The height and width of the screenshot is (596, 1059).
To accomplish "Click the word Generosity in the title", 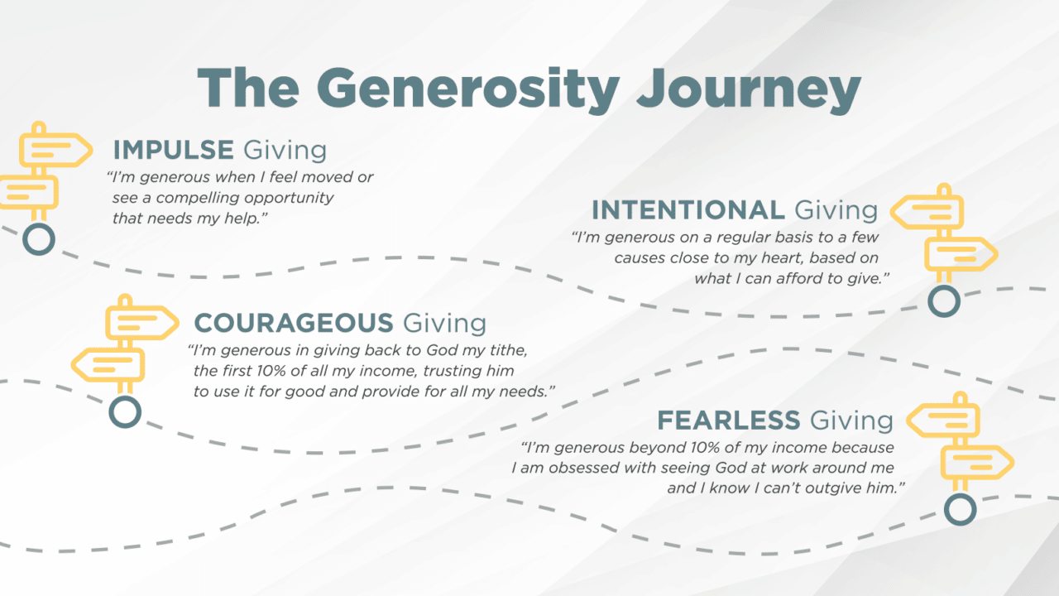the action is click(468, 90).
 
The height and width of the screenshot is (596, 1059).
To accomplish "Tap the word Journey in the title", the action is click(749, 90).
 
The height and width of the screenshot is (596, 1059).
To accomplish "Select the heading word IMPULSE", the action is click(173, 150).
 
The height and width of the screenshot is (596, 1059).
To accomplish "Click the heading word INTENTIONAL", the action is click(688, 210).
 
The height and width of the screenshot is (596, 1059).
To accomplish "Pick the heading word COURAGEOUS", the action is click(294, 323).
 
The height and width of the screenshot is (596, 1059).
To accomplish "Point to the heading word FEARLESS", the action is click(729, 421).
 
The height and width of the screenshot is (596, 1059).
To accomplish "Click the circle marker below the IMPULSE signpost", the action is click(39, 239).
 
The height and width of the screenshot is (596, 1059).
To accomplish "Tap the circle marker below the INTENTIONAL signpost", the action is click(944, 300).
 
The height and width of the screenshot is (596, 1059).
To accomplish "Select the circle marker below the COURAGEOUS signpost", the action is click(125, 412).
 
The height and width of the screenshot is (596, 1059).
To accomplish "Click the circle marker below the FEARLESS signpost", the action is click(961, 509).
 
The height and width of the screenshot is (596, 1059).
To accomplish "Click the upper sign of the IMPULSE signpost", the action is click(55, 151).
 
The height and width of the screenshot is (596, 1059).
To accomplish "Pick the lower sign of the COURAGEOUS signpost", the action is click(108, 365).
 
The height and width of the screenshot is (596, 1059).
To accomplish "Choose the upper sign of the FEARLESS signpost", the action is click(943, 419).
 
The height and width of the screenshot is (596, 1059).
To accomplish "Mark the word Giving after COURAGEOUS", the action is click(444, 324).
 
